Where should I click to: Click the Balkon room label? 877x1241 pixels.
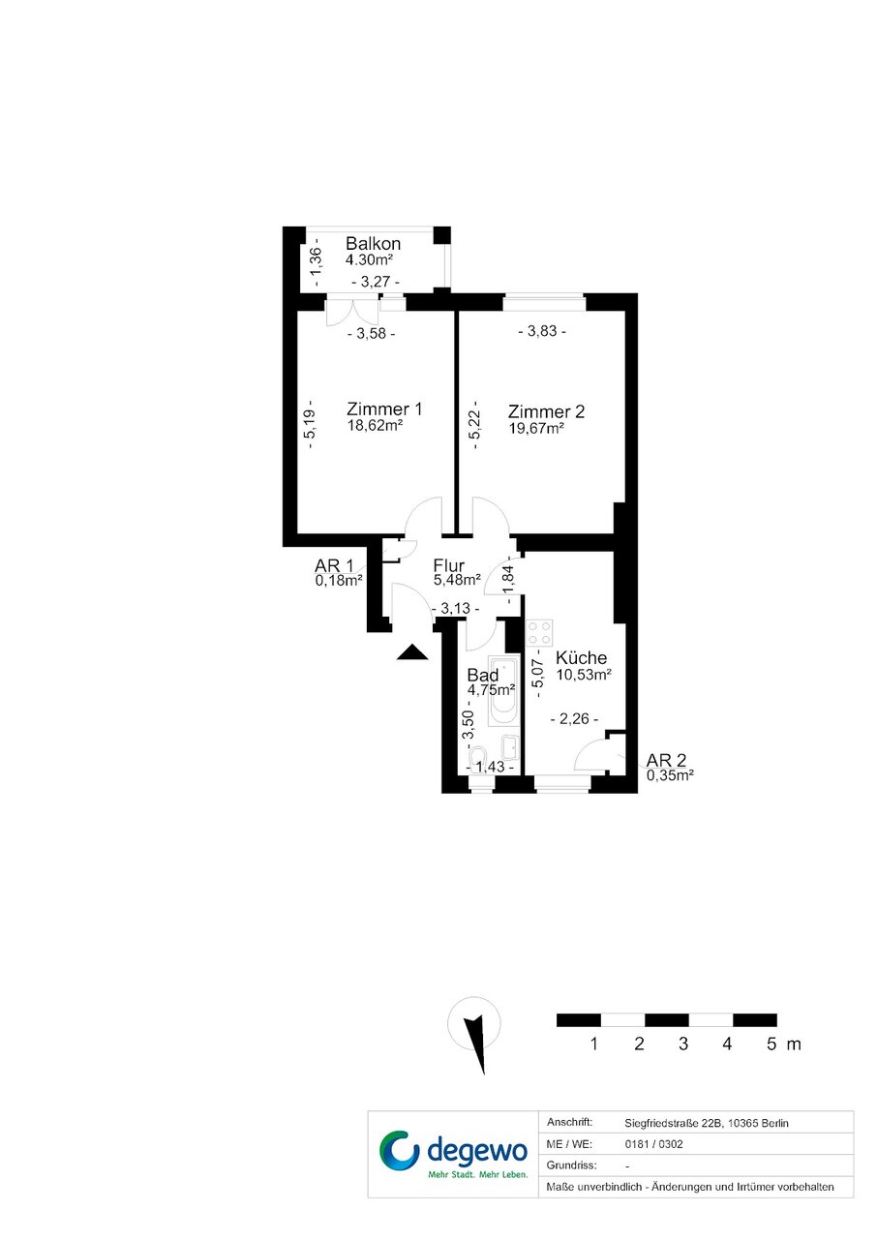click(373, 244)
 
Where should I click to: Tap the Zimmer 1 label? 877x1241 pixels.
click(384, 409)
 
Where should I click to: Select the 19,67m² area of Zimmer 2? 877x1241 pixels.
click(536, 429)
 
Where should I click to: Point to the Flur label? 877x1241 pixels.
click(449, 565)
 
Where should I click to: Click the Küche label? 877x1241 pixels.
click(581, 658)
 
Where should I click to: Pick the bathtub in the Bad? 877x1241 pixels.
click(503, 691)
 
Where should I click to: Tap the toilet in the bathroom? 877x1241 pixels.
click(478, 756)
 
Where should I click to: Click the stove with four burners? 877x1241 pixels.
click(539, 633)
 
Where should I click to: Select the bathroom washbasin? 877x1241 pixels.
click(509, 747)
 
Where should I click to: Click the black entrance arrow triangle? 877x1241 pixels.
click(412, 652)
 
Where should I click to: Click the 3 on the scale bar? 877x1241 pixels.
click(683, 1044)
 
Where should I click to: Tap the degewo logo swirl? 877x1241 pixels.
click(399, 1151)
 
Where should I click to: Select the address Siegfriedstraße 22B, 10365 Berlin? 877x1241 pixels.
click(707, 1123)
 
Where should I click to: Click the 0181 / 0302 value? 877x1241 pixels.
click(653, 1144)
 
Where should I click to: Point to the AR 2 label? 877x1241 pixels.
click(666, 760)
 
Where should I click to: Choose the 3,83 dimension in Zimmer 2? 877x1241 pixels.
click(542, 331)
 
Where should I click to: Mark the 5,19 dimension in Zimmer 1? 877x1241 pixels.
click(311, 424)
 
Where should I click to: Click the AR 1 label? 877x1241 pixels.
click(334, 565)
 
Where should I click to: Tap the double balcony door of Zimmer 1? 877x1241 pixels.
click(352, 312)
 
